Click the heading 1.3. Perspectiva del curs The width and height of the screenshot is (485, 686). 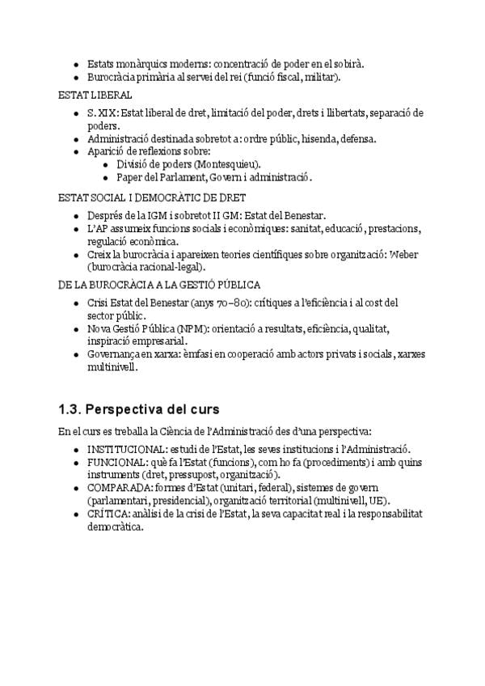[139, 409]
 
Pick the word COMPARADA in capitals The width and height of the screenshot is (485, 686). [116, 488]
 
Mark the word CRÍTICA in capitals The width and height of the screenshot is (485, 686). [107, 514]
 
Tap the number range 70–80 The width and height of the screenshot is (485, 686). [236, 303]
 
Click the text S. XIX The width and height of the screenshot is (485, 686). [102, 113]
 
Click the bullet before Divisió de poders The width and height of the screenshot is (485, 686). [107, 164]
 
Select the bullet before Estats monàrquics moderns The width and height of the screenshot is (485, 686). [76, 63]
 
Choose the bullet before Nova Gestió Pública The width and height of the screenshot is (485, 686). [76, 329]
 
